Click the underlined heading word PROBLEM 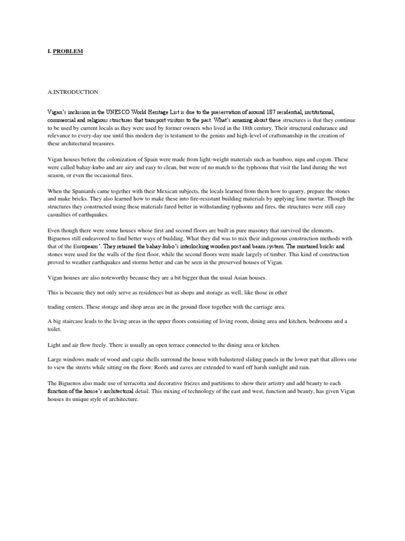tap(68, 51)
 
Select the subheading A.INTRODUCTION tap(73, 92)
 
